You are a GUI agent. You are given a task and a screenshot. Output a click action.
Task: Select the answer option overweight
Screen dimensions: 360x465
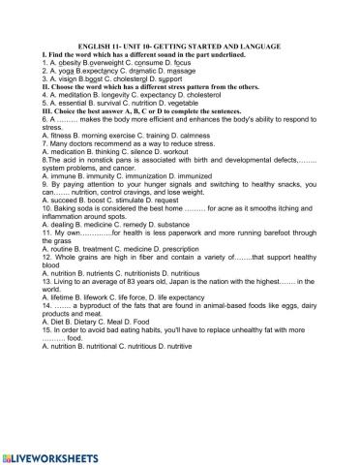(110, 62)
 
